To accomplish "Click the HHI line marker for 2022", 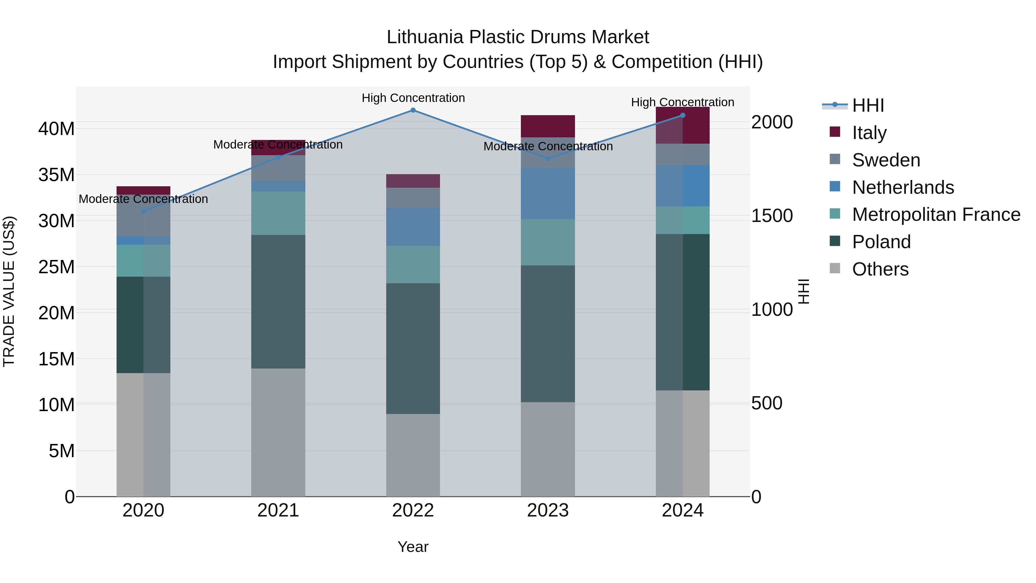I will (x=413, y=110).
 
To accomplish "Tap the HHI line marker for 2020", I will (x=144, y=212).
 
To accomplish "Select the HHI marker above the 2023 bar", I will (x=548, y=159).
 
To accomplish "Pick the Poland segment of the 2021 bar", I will (x=278, y=302).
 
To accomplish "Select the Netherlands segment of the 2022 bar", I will (x=413, y=227).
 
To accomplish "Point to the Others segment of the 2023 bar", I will (x=548, y=449).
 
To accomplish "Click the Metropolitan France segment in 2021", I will (x=278, y=213).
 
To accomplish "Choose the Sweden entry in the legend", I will (x=886, y=160).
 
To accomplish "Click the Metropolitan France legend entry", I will (x=936, y=214).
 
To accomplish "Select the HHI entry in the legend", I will (x=868, y=105).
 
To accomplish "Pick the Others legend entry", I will (x=880, y=269).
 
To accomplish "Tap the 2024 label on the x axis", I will (x=683, y=510).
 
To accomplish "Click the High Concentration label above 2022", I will (x=413, y=98).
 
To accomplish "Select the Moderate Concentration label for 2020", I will (x=143, y=199).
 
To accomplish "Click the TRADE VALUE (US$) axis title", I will (x=9, y=291).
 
